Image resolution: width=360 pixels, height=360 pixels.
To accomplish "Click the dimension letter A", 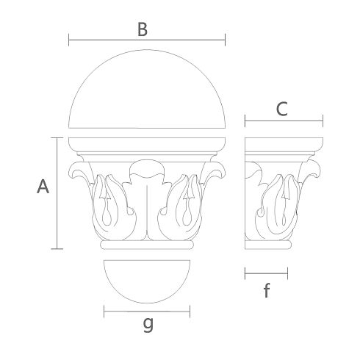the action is pyautogui.click(x=43, y=187).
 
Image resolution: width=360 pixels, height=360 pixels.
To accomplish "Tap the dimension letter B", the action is pyautogui.click(x=143, y=29).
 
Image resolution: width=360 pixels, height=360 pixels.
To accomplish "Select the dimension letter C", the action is pyautogui.click(x=281, y=109).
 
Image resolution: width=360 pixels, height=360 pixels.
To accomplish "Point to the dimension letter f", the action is pyautogui.click(x=267, y=290).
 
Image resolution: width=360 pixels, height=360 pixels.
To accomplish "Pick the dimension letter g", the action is pyautogui.click(x=148, y=324).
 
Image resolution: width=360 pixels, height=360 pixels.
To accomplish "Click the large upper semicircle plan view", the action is pyautogui.click(x=147, y=50).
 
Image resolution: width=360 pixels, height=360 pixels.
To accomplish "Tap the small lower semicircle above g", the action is pyautogui.click(x=147, y=303).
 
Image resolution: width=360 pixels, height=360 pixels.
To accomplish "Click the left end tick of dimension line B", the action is pyautogui.click(x=69, y=40).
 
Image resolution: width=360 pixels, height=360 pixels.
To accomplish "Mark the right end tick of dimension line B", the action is pyautogui.click(x=225, y=40).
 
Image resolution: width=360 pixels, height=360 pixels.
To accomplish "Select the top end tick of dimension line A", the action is pyautogui.click(x=57, y=138).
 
